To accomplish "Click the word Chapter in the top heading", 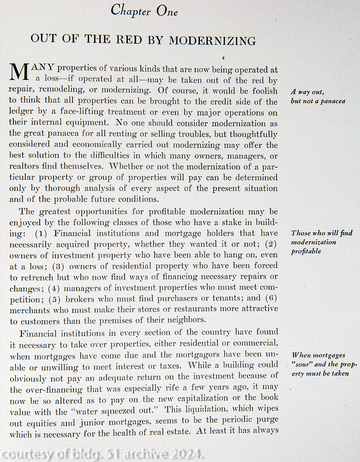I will click(x=129, y=10).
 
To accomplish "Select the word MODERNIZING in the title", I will click(x=212, y=41).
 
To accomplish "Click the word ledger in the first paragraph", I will click(x=22, y=112).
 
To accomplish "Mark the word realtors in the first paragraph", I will click(x=25, y=167).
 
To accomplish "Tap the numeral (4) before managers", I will click(x=56, y=287).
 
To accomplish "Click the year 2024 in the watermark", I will click(x=185, y=454).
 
